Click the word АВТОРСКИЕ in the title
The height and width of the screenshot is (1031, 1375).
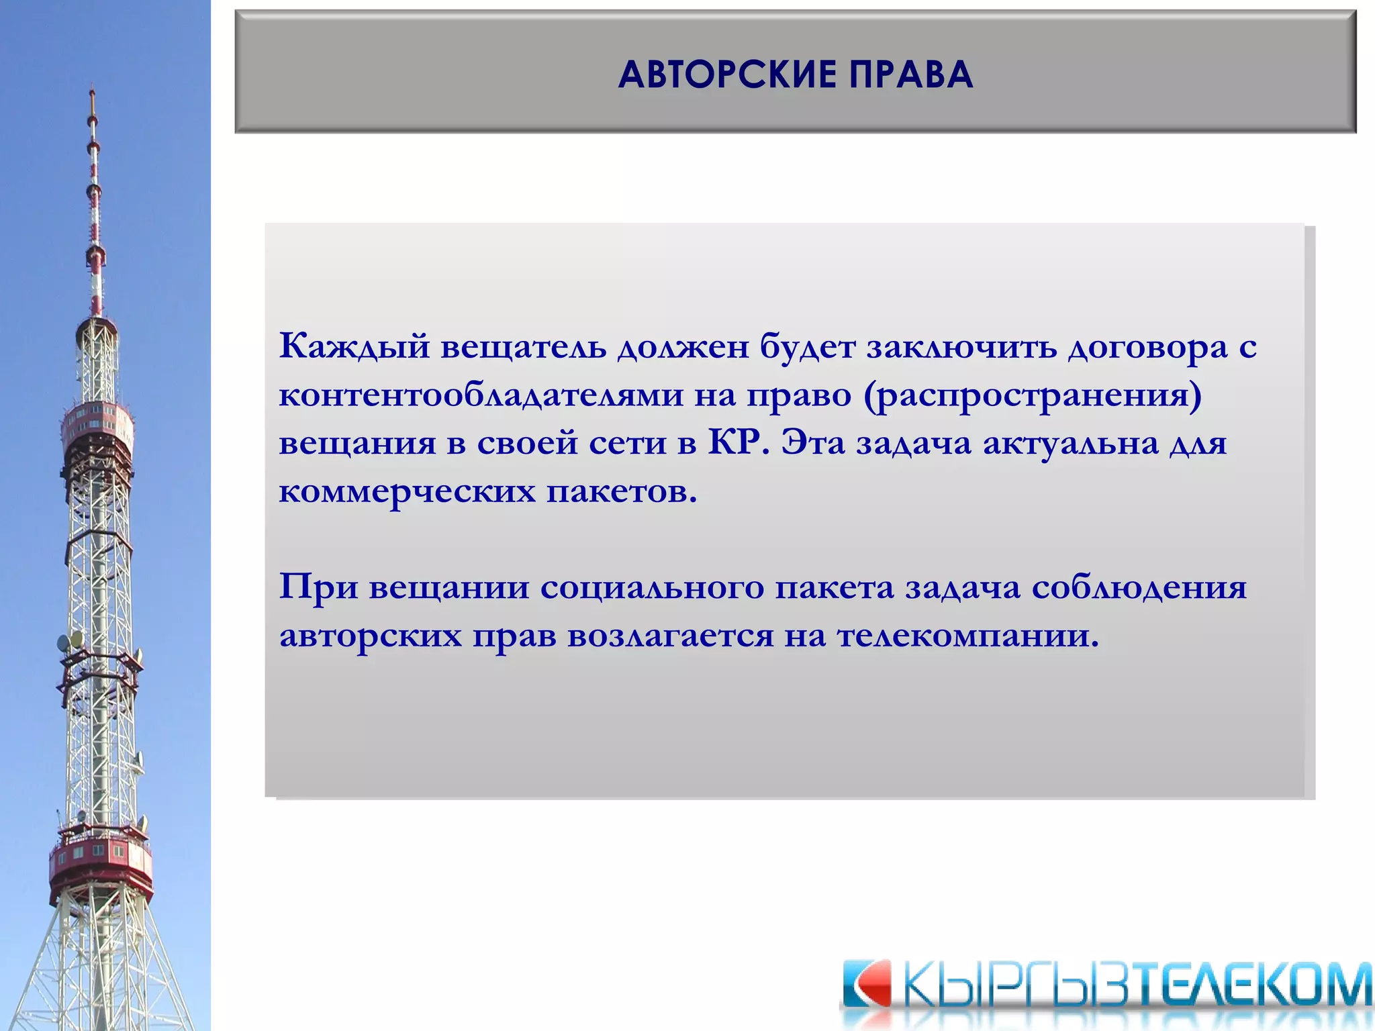click(x=727, y=74)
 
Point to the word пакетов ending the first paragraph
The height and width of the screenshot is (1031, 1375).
click(x=621, y=492)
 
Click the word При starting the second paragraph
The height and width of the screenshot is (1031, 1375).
click(x=318, y=587)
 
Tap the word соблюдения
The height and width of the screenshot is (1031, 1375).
click(x=1139, y=587)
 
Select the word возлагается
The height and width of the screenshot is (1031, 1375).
click(x=670, y=636)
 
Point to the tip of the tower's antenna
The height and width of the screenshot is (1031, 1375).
click(x=92, y=91)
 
